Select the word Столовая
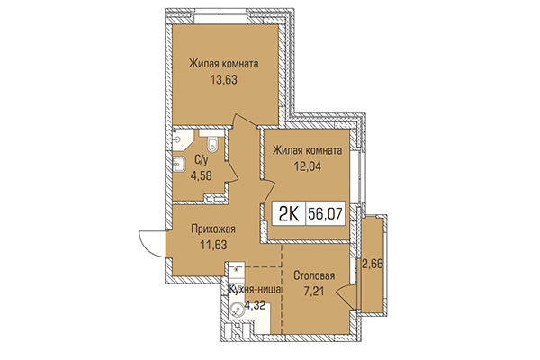(315, 276)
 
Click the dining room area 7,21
(315, 291)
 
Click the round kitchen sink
(237, 310)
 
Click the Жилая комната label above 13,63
(224, 64)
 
